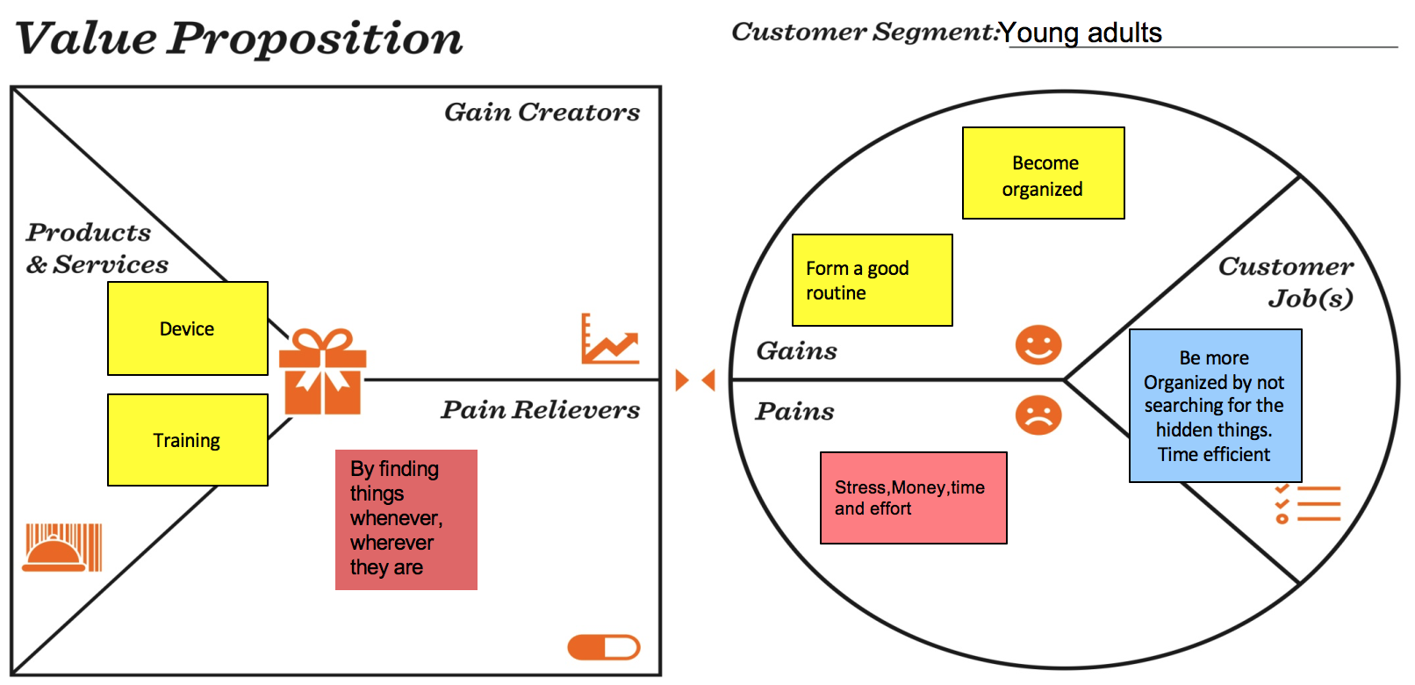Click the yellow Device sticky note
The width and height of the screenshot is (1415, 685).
(187, 328)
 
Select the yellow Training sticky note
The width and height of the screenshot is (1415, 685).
(187, 440)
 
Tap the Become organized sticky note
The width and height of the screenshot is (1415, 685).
(1043, 173)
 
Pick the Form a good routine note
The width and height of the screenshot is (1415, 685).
(872, 280)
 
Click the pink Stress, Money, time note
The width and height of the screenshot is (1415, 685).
(913, 498)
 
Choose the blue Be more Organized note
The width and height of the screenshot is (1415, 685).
(1215, 406)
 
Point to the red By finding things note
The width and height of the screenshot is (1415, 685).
(406, 519)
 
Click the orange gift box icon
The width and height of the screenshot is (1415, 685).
(322, 371)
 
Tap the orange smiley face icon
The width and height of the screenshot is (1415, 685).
(1038, 345)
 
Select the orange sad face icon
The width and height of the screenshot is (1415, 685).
(1038, 415)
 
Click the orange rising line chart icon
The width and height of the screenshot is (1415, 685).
(609, 340)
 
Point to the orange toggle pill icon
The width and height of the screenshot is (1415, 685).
(604, 648)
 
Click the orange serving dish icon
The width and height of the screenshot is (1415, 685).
(61, 548)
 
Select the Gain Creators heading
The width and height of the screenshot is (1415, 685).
(542, 112)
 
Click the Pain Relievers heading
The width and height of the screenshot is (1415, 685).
(540, 410)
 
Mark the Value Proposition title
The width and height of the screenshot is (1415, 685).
(239, 39)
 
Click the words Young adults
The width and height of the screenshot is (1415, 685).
(1081, 33)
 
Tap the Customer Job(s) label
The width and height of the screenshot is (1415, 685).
(1287, 282)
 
